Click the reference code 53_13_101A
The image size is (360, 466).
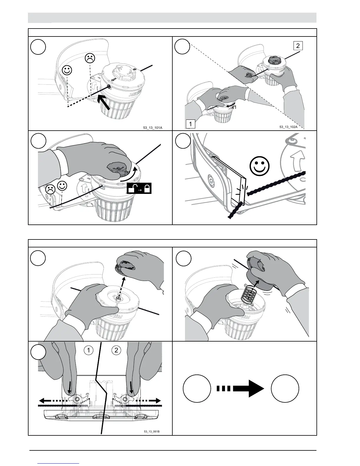[x=153, y=128]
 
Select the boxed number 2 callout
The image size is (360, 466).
[x=298, y=46]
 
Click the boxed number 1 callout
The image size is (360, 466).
[x=191, y=124]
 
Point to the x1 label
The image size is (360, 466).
[x=234, y=107]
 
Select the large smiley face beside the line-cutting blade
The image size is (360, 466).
[x=259, y=166]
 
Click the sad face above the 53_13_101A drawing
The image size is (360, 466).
[x=90, y=58]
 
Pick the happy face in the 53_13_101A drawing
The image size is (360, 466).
[x=67, y=71]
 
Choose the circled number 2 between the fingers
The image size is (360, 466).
[x=116, y=350]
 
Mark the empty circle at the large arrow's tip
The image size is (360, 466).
[x=285, y=388]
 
